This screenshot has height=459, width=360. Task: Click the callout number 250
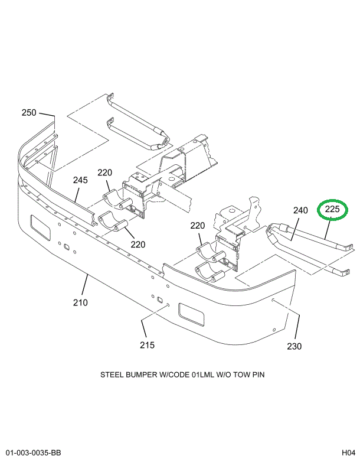(x=29, y=113)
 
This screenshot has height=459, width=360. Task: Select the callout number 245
(x=80, y=180)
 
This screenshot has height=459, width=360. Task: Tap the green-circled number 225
(x=333, y=209)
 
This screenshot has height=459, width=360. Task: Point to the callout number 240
(x=300, y=210)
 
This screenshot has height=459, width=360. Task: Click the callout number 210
(x=80, y=303)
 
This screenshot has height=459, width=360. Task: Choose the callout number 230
(x=294, y=346)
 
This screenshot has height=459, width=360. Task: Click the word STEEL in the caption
(x=112, y=375)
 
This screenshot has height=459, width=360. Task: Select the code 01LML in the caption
(x=204, y=375)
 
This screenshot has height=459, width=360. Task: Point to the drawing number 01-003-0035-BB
(x=34, y=453)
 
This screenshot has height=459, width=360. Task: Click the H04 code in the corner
(x=347, y=453)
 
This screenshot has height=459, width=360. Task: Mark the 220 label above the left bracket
(x=104, y=173)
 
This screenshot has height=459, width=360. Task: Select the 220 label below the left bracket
(x=138, y=245)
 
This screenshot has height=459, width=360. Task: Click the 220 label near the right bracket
(x=197, y=226)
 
